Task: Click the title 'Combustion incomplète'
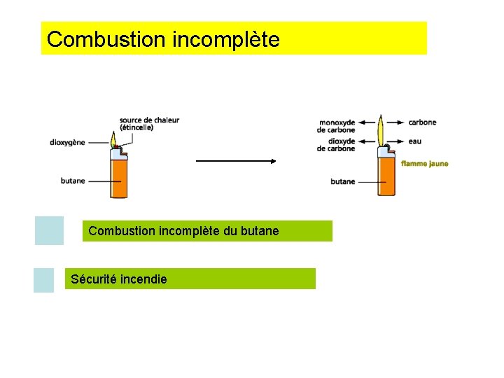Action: (163, 39)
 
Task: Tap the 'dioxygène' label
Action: (67, 143)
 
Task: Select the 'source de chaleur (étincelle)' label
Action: (149, 124)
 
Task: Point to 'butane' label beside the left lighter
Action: (73, 181)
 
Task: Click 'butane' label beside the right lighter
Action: (343, 182)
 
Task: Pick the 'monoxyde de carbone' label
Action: (337, 126)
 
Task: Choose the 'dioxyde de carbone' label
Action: (337, 145)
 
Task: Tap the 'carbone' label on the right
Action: (422, 122)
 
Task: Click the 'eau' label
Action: (415, 141)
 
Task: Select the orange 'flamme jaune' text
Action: (424, 164)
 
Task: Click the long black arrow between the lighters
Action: (237, 160)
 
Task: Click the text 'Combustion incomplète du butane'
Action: (183, 231)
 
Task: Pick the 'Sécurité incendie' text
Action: (119, 279)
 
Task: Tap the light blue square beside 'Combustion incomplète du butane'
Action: (49, 230)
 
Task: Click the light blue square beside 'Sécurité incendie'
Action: (43, 280)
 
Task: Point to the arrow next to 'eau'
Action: (397, 141)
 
